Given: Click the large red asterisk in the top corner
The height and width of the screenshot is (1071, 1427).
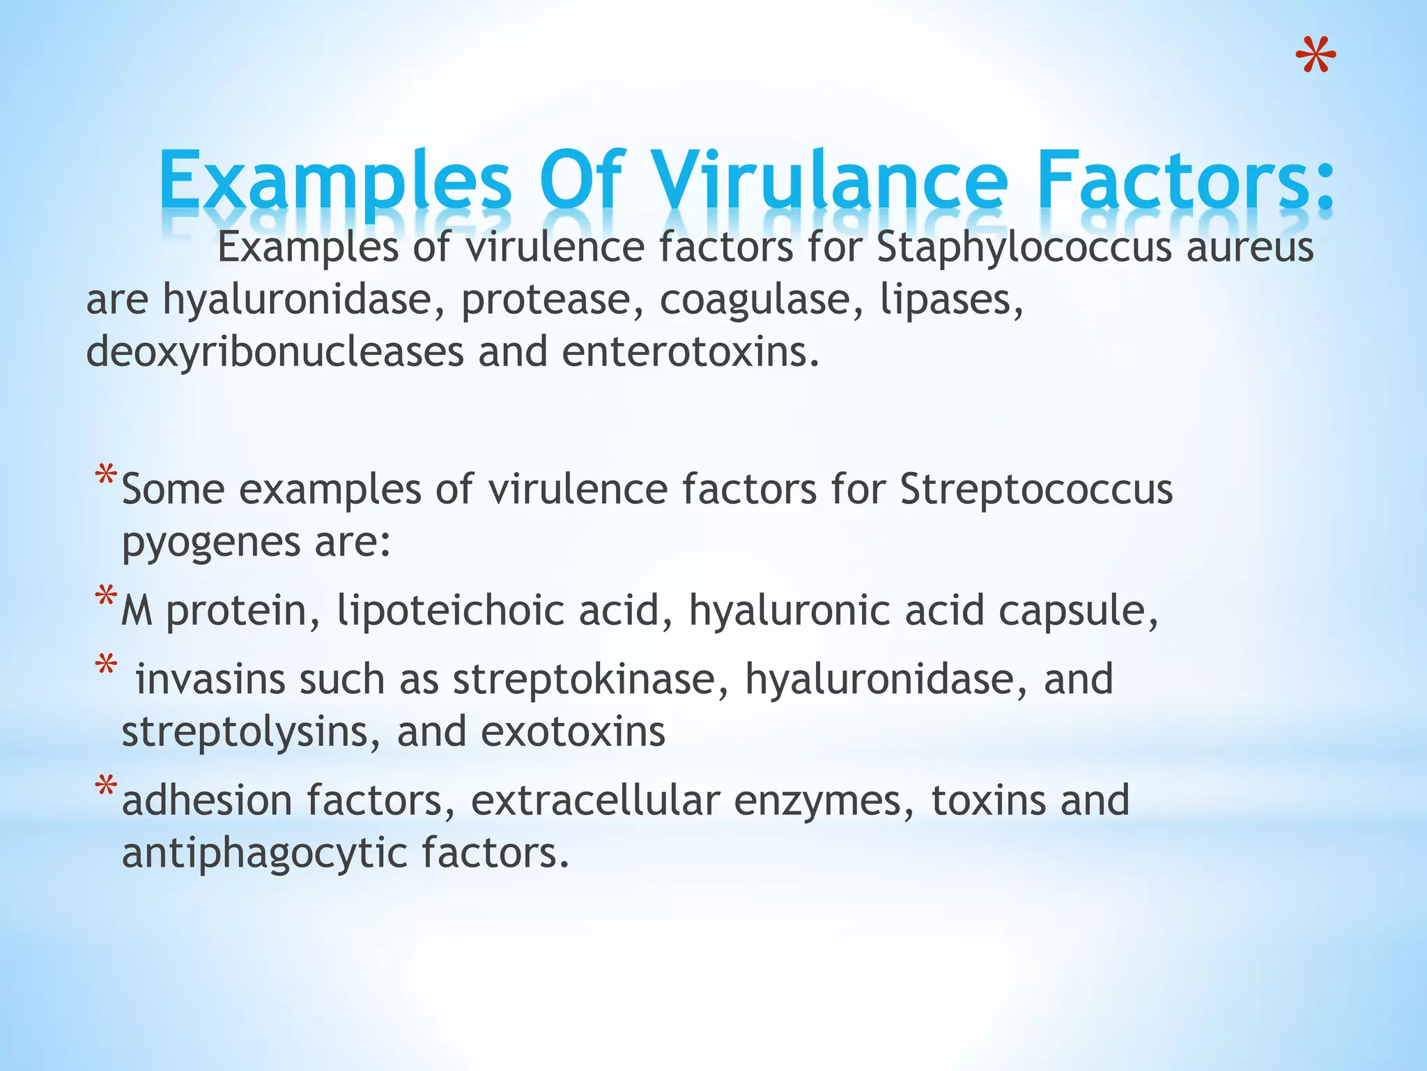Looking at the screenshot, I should coord(1316,56).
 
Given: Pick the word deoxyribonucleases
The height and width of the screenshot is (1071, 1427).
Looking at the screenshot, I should coord(275,353).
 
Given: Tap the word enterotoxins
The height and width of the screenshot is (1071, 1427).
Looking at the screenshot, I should coord(690,352).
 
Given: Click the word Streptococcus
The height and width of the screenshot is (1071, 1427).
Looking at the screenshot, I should coord(1036,489).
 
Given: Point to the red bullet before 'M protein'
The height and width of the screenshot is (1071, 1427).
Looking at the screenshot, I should coord(107,598).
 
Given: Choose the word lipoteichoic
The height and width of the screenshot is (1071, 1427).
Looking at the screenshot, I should coord(450,612).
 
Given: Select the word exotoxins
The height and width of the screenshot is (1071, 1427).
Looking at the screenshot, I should coord(573,733).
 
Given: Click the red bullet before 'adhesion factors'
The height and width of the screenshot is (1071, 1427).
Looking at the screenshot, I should coord(107,787).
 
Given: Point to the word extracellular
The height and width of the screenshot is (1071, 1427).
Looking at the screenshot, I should coord(596,801).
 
